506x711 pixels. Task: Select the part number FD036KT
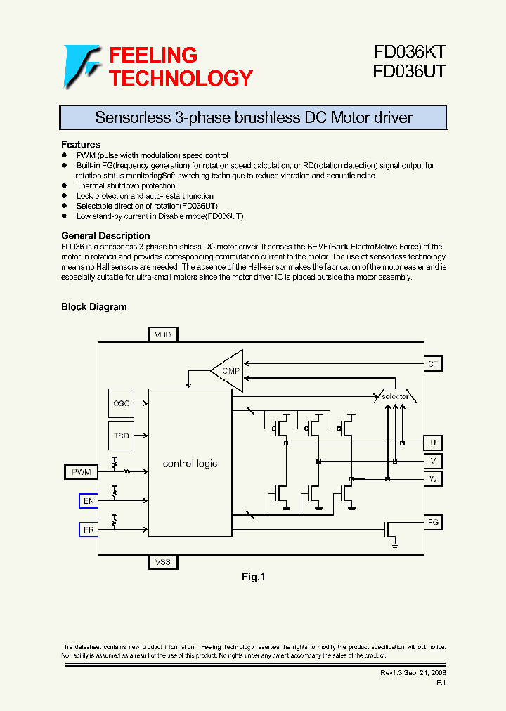(409, 53)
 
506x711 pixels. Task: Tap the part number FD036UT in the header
(409, 72)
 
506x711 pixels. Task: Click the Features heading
(81, 145)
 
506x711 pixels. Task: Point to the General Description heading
(105, 236)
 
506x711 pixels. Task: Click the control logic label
(190, 464)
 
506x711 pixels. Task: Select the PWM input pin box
(82, 472)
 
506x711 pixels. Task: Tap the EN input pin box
(88, 501)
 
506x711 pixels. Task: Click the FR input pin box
(88, 530)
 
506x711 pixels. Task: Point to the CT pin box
(433, 364)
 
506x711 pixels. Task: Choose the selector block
(395, 397)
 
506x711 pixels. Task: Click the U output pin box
(433, 443)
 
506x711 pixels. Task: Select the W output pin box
(433, 479)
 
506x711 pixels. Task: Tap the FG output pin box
(433, 522)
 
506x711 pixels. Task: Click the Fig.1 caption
(253, 577)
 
